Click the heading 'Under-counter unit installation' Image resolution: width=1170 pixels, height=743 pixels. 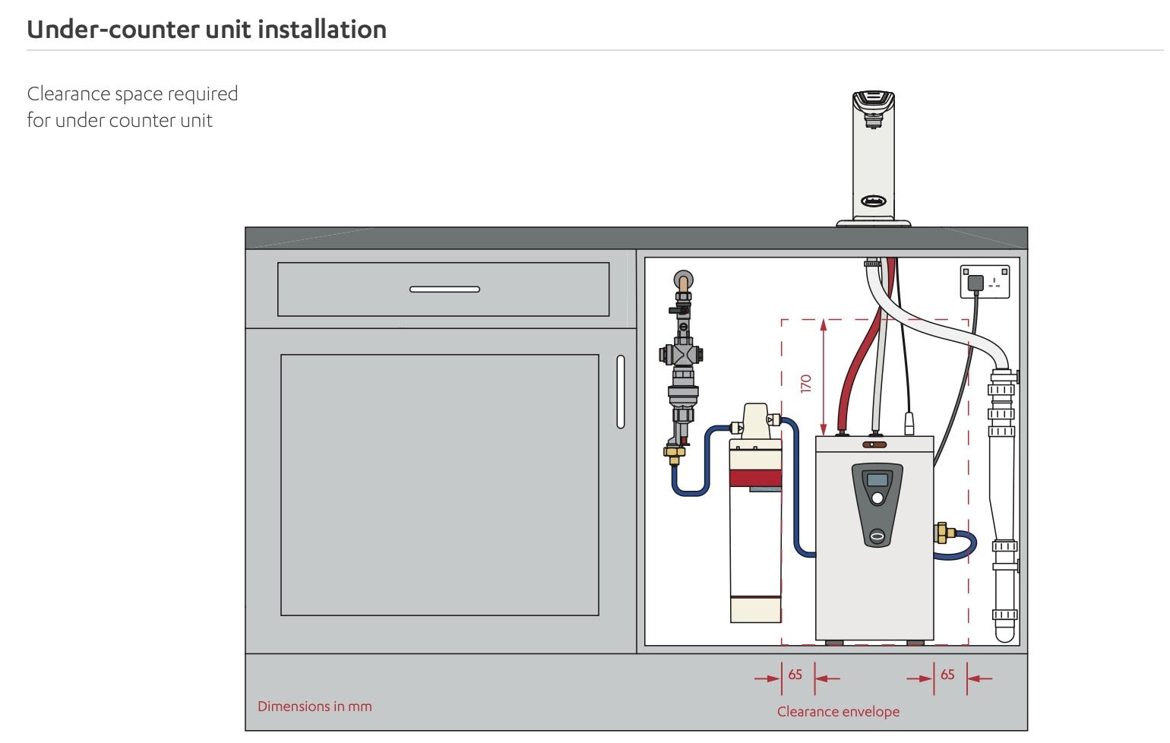point(207,30)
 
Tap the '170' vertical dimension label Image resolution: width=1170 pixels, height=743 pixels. point(806,383)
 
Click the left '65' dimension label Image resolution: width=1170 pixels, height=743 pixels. point(795,675)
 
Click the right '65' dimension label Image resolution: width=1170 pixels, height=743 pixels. point(947,675)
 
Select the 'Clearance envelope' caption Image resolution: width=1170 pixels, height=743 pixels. point(838,712)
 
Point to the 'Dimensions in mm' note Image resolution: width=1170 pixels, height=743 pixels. point(315,707)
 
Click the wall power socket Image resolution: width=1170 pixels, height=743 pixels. point(985,282)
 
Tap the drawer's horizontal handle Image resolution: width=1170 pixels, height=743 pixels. point(444,289)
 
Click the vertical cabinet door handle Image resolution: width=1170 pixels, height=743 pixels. point(621,391)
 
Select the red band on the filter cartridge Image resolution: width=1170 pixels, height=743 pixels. point(755,478)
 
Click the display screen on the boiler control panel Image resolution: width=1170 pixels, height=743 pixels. point(877,479)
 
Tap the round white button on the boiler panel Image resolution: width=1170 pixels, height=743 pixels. point(877,498)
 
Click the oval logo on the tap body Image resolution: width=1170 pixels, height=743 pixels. point(873,201)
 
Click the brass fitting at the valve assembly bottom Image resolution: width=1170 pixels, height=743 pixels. point(673,454)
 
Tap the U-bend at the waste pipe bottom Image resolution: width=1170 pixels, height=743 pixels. point(1004,631)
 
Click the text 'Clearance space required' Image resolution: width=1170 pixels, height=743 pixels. point(132,94)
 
